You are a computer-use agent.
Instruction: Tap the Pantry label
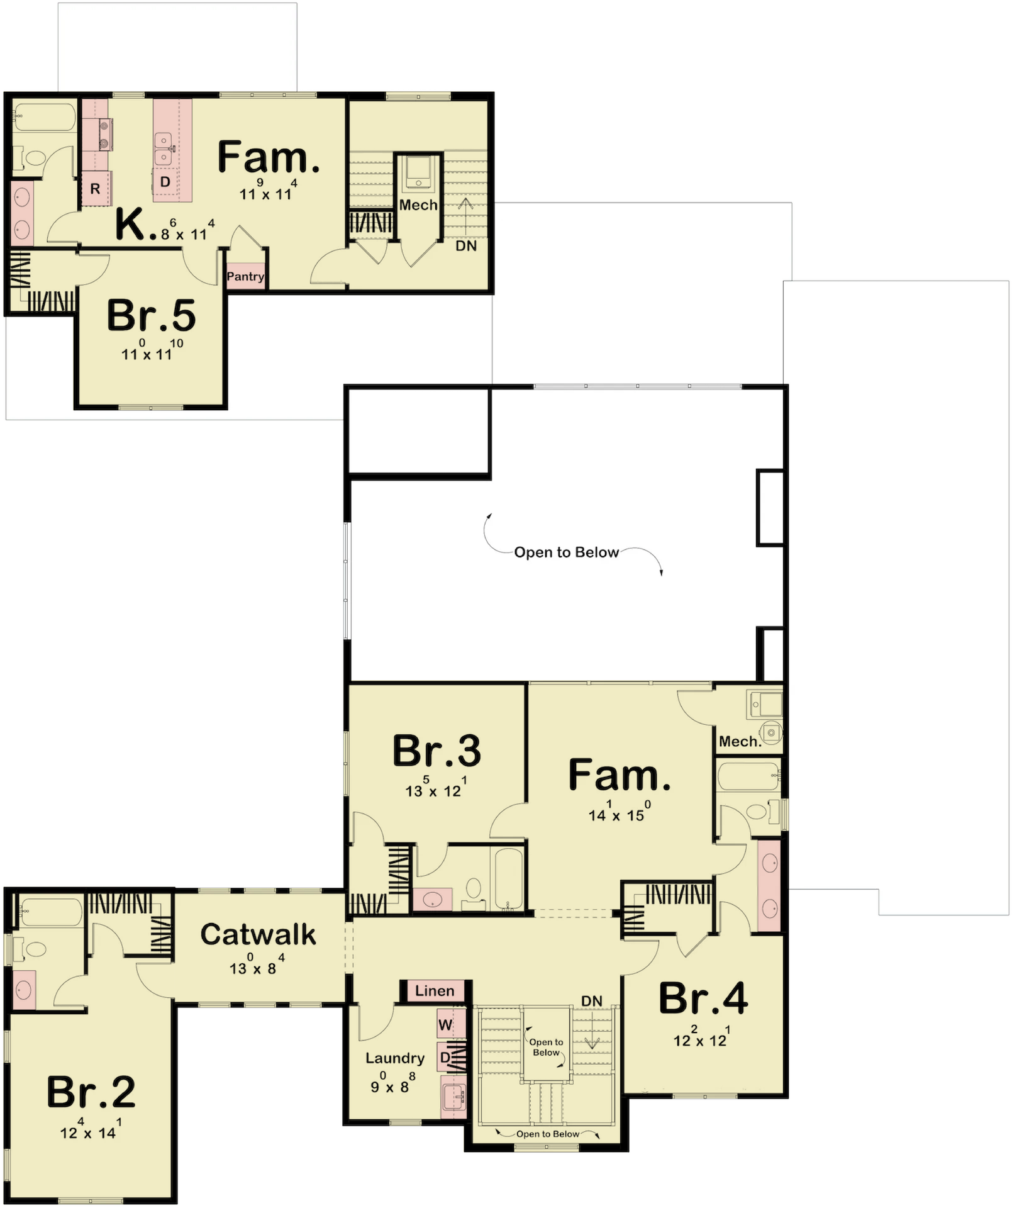tap(245, 276)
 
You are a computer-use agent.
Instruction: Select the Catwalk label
tap(258, 934)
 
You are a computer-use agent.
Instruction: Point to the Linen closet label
tap(435, 991)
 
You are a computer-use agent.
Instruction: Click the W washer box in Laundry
tap(446, 1024)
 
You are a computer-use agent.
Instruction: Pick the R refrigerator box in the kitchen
tap(96, 188)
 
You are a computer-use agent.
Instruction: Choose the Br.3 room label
tap(436, 750)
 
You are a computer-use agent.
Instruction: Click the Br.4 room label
tap(703, 998)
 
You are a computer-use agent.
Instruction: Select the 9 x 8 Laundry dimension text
tap(391, 1083)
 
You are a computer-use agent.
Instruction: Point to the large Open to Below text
tap(567, 552)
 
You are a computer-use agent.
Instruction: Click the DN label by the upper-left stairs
tap(466, 246)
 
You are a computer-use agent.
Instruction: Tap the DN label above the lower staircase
tap(592, 1001)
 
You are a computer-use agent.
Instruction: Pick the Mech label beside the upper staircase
tap(418, 205)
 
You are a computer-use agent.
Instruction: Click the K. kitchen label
tap(136, 225)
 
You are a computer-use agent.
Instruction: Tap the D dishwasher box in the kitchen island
tap(165, 182)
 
